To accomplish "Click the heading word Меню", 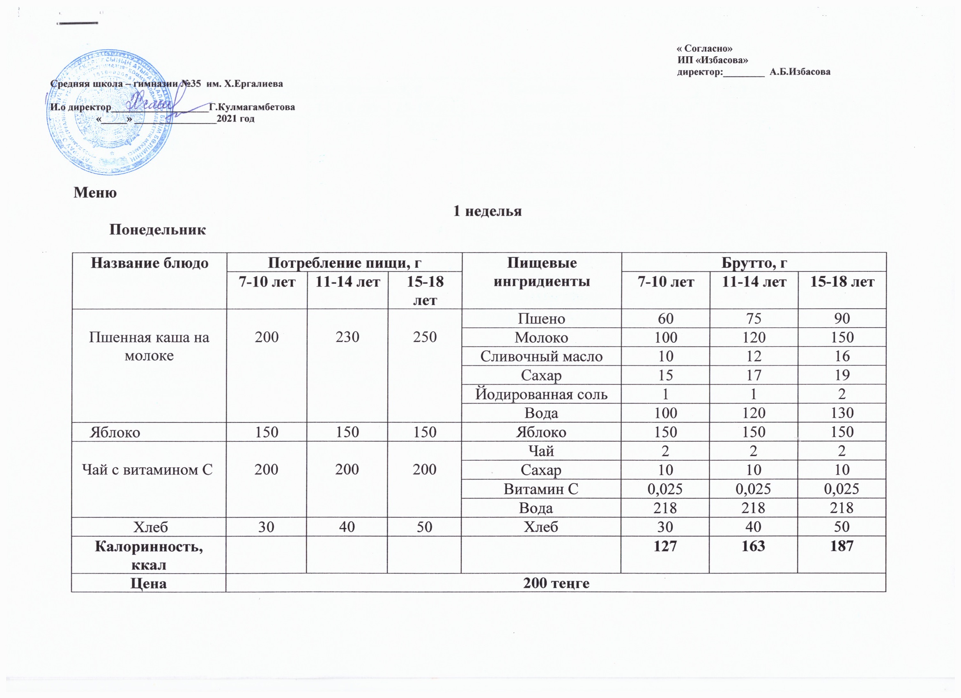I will (95, 193).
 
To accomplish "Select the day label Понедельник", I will (157, 230).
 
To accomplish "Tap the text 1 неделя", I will (487, 211).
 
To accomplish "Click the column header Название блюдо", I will (149, 264).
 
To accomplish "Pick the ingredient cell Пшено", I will (542, 319).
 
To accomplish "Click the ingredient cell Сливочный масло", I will (542, 356).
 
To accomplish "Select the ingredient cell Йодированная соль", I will (542, 394).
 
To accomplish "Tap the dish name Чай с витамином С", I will (147, 469).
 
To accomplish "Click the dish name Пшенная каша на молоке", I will (149, 347).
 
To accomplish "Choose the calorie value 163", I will (753, 546).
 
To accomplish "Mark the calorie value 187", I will (841, 546).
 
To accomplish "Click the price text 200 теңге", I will (556, 583).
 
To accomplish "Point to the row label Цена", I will (148, 583).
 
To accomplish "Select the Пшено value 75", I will (754, 319).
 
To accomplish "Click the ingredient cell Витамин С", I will (541, 489).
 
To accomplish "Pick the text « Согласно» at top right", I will (705, 49).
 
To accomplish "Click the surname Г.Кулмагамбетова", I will (252, 107).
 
